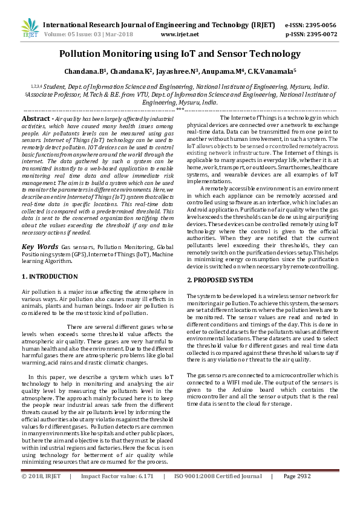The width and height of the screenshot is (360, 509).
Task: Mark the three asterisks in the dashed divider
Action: (x=180, y=110)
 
